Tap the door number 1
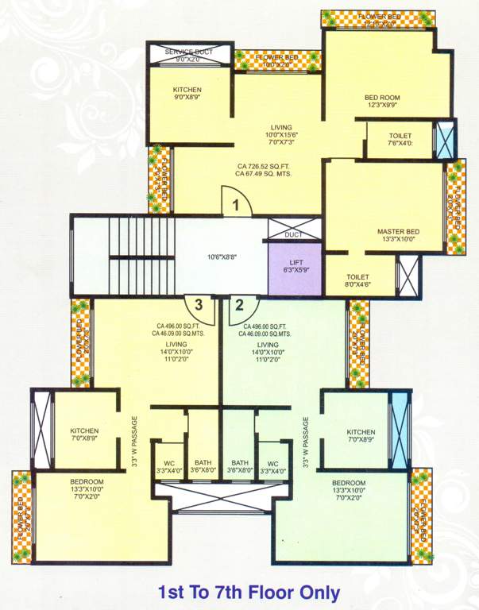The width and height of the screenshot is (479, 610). [236, 205]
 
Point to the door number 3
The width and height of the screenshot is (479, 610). [199, 304]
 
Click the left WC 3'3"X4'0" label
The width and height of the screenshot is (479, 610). [168, 467]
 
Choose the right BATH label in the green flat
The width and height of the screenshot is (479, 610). [240, 467]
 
